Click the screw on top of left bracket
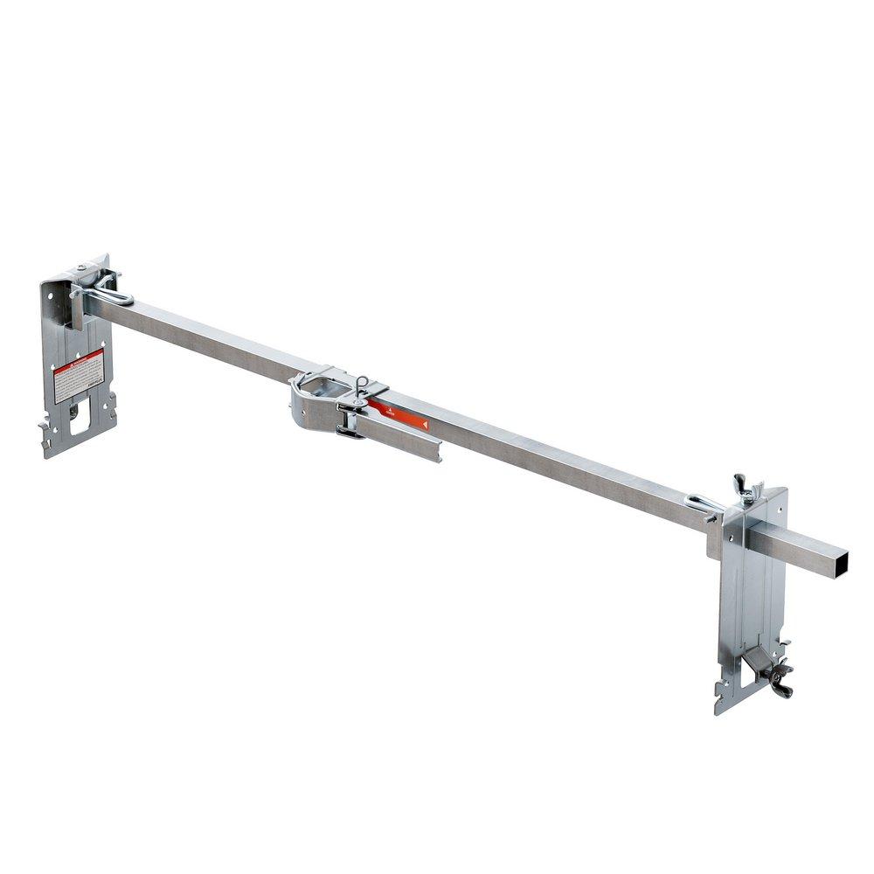(81, 268)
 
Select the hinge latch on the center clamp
(350, 421)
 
